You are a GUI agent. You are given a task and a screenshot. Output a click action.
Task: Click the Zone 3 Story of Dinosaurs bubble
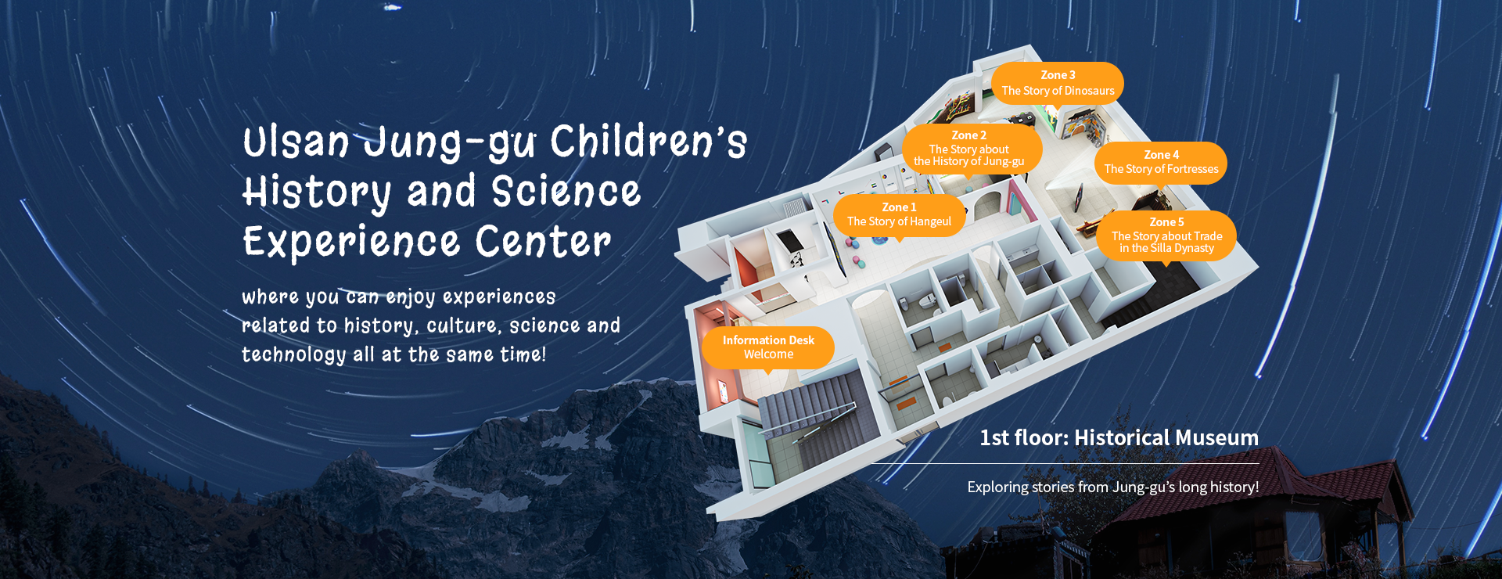tap(1058, 83)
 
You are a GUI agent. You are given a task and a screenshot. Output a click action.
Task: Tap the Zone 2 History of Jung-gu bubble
tap(972, 149)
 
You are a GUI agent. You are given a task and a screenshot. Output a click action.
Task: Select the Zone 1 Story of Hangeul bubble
tap(900, 214)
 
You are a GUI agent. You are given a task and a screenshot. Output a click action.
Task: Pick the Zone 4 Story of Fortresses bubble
tap(1161, 162)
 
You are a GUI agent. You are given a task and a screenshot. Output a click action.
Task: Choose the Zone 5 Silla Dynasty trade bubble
tap(1166, 236)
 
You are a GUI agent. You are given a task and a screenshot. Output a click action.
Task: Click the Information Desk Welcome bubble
tap(768, 347)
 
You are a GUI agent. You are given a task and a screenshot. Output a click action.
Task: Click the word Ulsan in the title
tap(296, 142)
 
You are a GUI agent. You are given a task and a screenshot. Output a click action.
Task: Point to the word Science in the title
tap(566, 192)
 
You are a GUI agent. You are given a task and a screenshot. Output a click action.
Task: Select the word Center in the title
tap(543, 241)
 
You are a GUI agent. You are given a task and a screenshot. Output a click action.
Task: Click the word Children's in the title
tap(649, 142)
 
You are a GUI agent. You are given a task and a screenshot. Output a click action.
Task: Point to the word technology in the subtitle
tap(293, 355)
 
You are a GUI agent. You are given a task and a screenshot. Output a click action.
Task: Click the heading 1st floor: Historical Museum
tap(1119, 437)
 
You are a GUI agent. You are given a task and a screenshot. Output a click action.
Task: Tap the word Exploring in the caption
tap(997, 487)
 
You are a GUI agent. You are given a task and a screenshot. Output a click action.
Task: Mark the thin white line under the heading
tap(1065, 463)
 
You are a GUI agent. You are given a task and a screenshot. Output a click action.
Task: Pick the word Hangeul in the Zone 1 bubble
tap(930, 222)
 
